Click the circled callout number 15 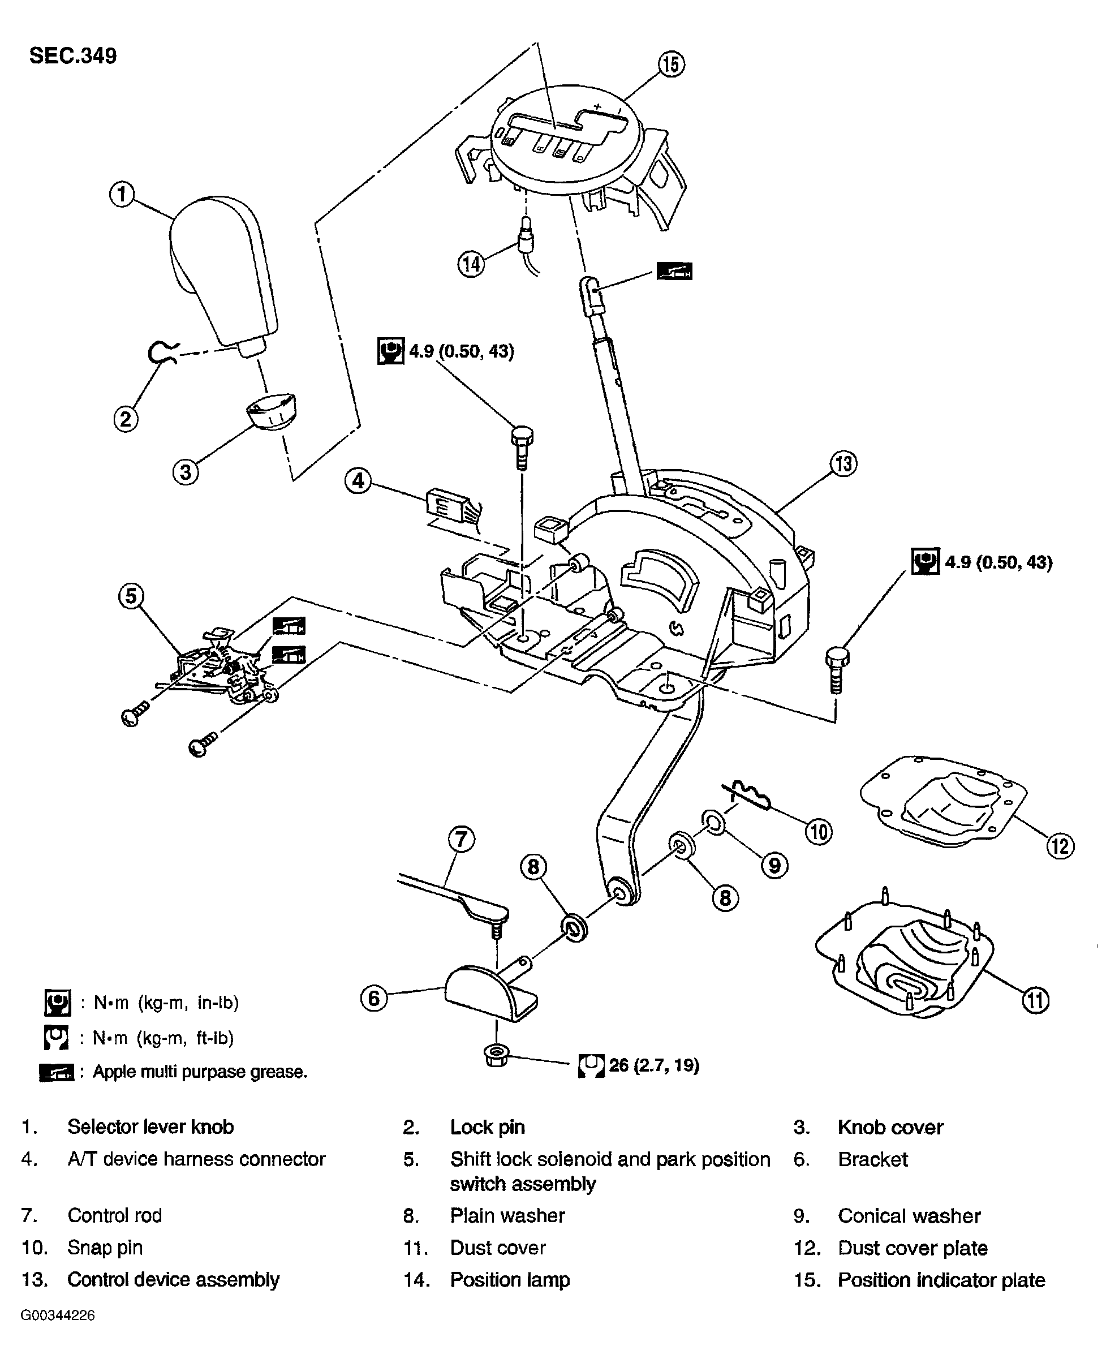(671, 65)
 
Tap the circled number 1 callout (122, 194)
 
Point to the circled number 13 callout (843, 463)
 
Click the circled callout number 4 (359, 480)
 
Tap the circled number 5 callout (131, 596)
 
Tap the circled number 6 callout (374, 998)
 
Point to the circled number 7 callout (462, 840)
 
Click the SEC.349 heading (73, 55)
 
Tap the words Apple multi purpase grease (200, 1071)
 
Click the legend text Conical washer (909, 1215)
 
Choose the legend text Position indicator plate (941, 1279)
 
